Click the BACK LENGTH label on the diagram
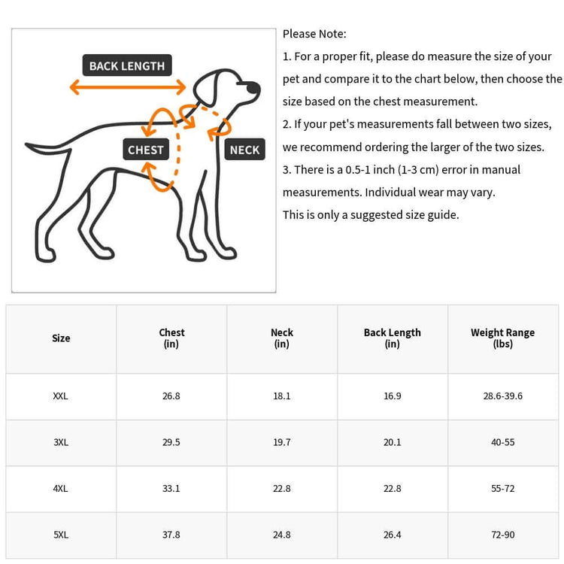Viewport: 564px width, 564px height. click(x=126, y=65)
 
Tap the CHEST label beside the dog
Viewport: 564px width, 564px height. click(x=145, y=150)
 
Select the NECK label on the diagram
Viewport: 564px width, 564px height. click(x=244, y=150)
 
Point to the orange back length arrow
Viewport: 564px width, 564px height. click(x=127, y=87)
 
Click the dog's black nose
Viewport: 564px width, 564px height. click(x=253, y=89)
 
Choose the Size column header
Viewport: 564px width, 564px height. click(x=61, y=338)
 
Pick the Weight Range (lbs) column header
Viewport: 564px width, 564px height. click(x=502, y=338)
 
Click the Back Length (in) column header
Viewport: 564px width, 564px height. click(x=392, y=338)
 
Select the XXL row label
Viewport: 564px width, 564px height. click(x=61, y=396)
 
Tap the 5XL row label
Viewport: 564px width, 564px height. click(x=61, y=535)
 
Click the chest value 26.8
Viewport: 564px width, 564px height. click(x=171, y=396)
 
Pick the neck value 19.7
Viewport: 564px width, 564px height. click(x=282, y=442)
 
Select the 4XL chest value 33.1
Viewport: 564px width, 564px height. click(x=171, y=488)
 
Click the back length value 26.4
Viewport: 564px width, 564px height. click(x=392, y=535)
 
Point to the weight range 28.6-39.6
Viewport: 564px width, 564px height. click(x=502, y=396)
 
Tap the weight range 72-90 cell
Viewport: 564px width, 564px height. click(x=502, y=535)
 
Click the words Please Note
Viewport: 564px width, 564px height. click(x=314, y=34)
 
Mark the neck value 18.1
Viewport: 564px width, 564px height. click(x=282, y=396)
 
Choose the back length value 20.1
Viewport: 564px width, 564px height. click(x=392, y=442)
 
